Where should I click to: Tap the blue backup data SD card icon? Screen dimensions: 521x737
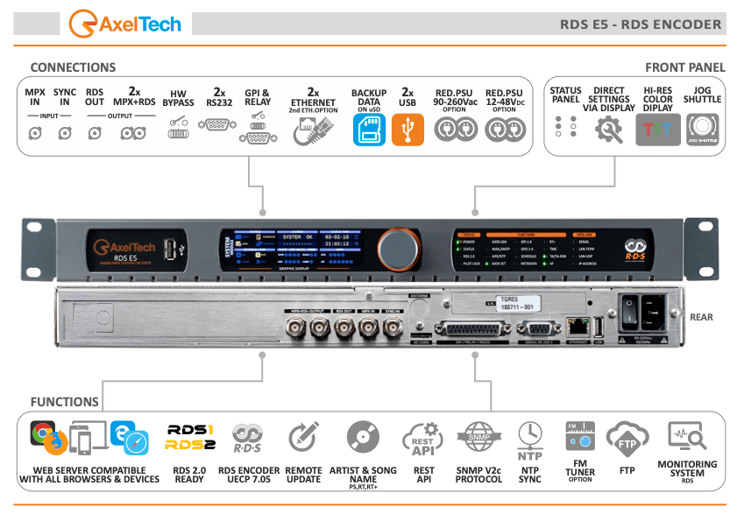click(368, 130)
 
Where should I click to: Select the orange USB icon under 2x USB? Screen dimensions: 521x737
click(407, 130)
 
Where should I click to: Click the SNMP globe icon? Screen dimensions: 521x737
click(478, 437)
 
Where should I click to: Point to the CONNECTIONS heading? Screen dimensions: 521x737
click(73, 67)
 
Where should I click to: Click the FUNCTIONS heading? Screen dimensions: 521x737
click(65, 402)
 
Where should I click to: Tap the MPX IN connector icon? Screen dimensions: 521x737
click(34, 133)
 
